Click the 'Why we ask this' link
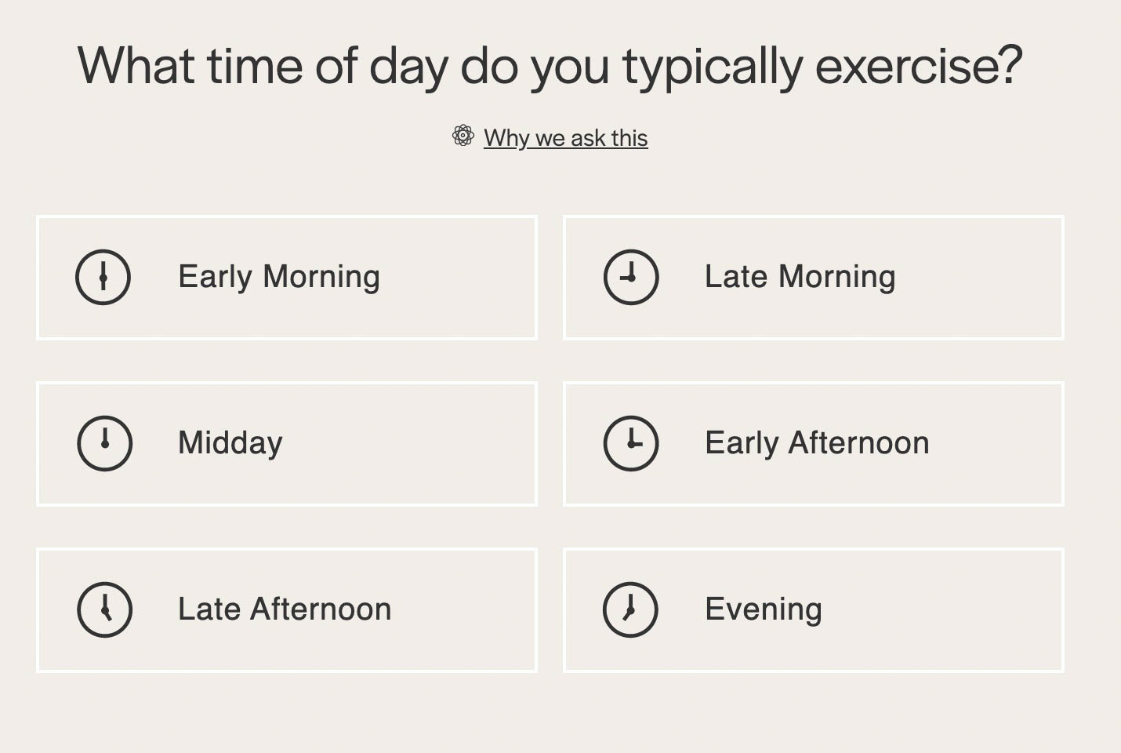pyautogui.click(x=565, y=138)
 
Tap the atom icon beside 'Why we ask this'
pyautogui.click(x=463, y=135)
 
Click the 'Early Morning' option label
pyautogui.click(x=279, y=277)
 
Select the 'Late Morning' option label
pyautogui.click(x=800, y=277)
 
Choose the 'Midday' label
pyautogui.click(x=230, y=443)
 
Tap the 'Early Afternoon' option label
pyautogui.click(x=817, y=443)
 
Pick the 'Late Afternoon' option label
pyautogui.click(x=285, y=609)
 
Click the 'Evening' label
pyautogui.click(x=764, y=609)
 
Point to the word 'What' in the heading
pyautogui.click(x=136, y=66)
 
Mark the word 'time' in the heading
pyautogui.click(x=256, y=66)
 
